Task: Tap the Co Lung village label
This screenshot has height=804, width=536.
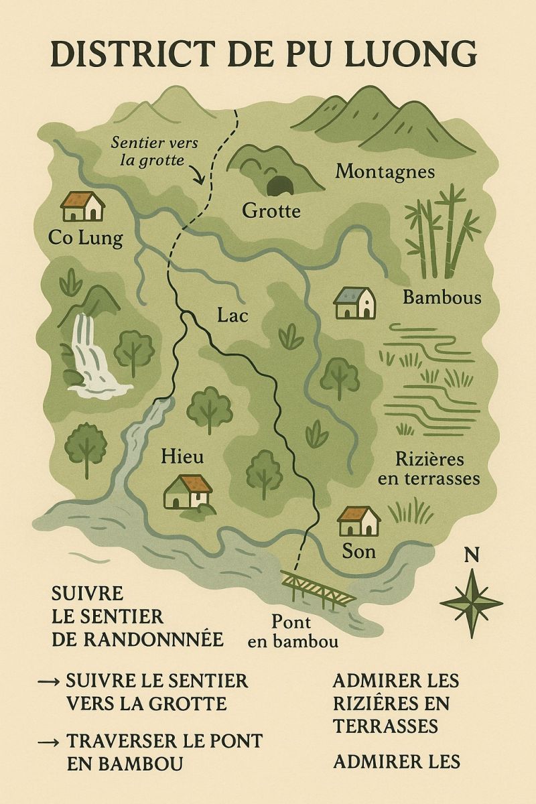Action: [x=85, y=238]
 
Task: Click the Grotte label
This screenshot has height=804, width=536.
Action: [x=271, y=212]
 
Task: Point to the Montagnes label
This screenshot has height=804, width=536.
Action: [x=385, y=172]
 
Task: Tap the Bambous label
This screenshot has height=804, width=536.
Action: [x=442, y=297]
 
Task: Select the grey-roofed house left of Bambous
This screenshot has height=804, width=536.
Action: [x=355, y=304]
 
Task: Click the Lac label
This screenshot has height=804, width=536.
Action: [x=232, y=314]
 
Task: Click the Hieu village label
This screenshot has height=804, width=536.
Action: [x=182, y=457]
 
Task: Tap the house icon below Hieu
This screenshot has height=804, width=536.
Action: [x=188, y=492]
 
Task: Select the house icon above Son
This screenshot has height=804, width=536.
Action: [x=358, y=521]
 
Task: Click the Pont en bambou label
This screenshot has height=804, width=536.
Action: [x=293, y=630]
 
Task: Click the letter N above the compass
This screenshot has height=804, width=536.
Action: [x=472, y=554]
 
